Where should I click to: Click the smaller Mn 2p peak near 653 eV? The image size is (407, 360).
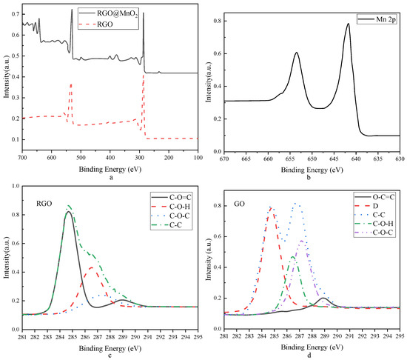[296, 53]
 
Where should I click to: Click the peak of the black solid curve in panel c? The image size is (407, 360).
[68, 213]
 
